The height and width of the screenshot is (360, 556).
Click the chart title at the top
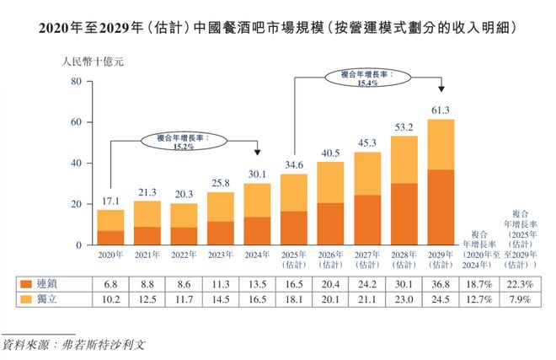point(278,28)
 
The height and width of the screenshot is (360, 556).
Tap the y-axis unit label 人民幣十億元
point(94,62)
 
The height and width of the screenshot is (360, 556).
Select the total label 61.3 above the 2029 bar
point(441,110)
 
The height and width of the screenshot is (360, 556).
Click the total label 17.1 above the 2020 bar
point(110,201)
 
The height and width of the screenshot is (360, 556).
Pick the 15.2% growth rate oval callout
point(184,141)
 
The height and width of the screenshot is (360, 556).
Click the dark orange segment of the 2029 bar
point(441,207)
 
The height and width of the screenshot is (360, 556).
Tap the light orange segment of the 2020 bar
point(110,220)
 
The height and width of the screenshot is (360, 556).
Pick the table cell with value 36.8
point(441,284)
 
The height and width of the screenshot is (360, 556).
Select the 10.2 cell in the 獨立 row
point(110,298)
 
